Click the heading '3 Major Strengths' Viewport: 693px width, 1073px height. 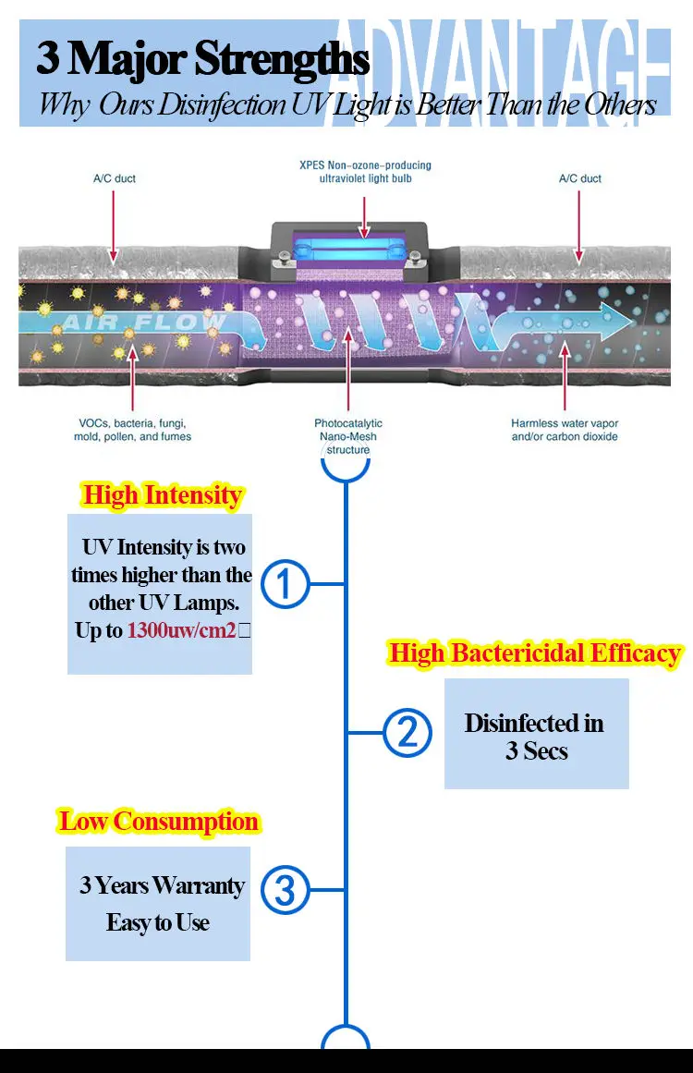[202, 58]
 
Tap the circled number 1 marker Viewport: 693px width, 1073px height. [286, 584]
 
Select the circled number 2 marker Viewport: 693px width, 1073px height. [407, 732]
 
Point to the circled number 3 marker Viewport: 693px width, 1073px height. [286, 890]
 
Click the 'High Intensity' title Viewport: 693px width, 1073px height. [162, 495]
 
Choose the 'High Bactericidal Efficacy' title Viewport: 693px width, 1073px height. [535, 653]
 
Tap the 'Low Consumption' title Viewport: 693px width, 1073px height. [159, 821]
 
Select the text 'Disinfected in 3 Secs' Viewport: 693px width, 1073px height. [535, 737]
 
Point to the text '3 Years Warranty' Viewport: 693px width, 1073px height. [162, 885]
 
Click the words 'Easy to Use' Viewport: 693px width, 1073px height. [158, 922]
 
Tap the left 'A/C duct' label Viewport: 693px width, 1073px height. [114, 178]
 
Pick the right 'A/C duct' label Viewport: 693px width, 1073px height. [579, 178]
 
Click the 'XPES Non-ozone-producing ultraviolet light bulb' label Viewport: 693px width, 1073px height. [365, 172]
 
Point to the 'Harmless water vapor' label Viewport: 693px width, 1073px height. [565, 423]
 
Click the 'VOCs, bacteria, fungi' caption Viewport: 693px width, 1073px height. [132, 423]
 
